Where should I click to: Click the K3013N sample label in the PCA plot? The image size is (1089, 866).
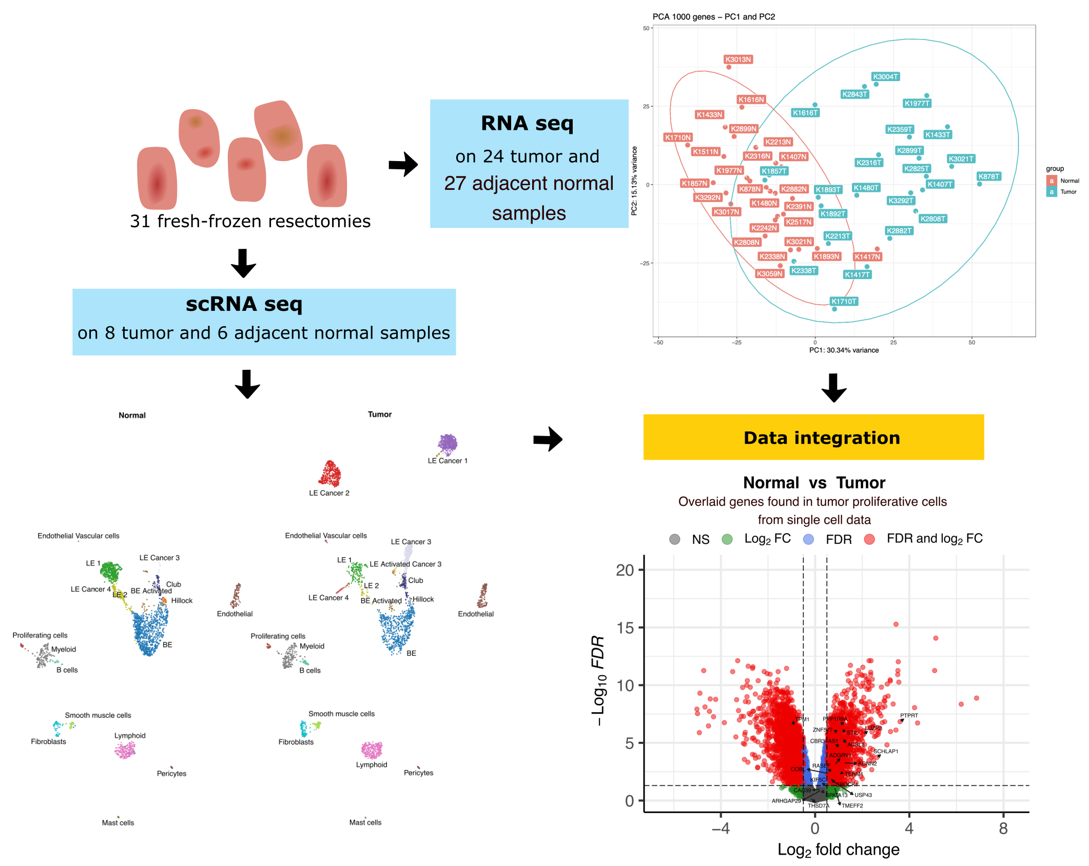738,60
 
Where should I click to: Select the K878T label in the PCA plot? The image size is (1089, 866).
988,176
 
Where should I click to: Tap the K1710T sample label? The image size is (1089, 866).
844,301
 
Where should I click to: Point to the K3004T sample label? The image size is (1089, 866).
885,77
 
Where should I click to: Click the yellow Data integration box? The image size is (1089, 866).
813,437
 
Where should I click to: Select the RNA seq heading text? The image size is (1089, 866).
527,124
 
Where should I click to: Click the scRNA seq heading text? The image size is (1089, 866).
244,304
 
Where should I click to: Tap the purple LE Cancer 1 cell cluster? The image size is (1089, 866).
448,444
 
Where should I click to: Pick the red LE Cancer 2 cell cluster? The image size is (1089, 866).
330,474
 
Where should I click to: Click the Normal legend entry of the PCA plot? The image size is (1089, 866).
1069,181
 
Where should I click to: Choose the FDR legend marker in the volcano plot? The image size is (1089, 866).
808,539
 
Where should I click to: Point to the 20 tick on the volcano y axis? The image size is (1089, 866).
625,570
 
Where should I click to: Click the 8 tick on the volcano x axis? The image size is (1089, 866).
1003,828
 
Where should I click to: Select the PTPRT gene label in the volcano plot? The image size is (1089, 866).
909,716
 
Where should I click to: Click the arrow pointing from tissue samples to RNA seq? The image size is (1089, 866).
403,164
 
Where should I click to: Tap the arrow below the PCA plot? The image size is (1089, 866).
833,388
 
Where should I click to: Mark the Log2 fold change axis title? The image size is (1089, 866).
838,850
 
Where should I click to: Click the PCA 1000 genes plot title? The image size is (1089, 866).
713,17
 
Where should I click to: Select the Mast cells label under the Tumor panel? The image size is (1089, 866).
365,822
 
